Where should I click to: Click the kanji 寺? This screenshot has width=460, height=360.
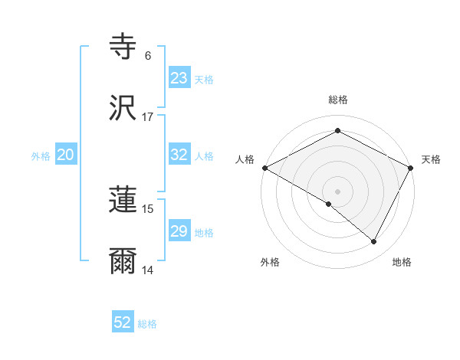click(123, 46)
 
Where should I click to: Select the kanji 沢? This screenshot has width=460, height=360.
click(123, 108)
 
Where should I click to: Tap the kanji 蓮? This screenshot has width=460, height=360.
click(123, 200)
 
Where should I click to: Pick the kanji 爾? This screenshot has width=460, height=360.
click(123, 261)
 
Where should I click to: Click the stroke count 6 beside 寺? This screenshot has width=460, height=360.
click(148, 56)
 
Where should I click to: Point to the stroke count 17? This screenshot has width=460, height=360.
click(148, 117)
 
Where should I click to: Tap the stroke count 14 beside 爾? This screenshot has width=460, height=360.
click(148, 270)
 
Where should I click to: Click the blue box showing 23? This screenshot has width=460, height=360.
click(179, 78)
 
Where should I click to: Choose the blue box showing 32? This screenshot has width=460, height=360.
click(179, 155)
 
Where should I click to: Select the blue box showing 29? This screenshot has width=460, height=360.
click(179, 231)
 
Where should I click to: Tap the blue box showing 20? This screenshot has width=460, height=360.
click(66, 155)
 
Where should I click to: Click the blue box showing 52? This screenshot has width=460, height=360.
click(123, 322)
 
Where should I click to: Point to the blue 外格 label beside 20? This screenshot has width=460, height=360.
click(41, 156)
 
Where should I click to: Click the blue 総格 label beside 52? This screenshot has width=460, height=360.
click(147, 324)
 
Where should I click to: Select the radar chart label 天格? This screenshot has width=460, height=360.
click(431, 159)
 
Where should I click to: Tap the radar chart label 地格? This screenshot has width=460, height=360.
click(402, 262)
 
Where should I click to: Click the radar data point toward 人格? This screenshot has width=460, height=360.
click(264, 168)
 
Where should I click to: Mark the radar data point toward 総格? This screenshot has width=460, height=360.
click(337, 131)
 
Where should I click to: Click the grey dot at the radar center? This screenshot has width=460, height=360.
click(337, 191)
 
